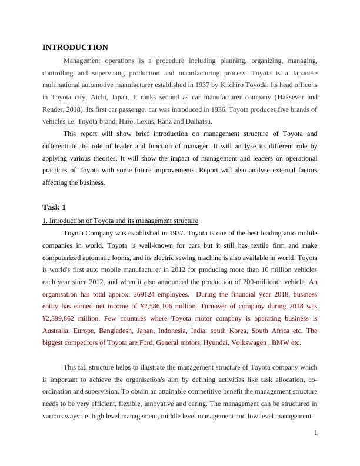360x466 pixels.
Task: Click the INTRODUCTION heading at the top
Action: point(75,47)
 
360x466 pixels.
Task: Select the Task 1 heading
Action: point(54,207)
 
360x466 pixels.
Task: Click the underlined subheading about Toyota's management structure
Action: point(120,221)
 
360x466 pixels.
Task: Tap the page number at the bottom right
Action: point(315,433)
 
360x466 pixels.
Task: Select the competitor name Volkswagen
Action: point(254,342)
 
